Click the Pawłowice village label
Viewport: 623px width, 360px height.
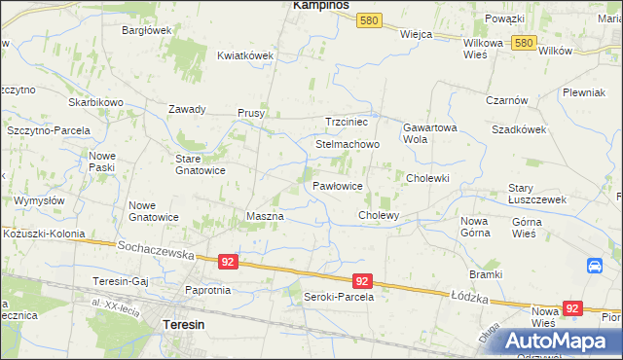(x=338, y=185)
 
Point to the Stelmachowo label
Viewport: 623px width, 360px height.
(x=347, y=144)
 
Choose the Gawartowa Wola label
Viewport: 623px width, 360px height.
(x=429, y=132)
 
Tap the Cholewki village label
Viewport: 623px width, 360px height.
(x=426, y=178)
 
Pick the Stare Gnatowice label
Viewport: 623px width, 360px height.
(x=200, y=163)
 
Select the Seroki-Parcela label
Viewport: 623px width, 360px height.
(x=339, y=297)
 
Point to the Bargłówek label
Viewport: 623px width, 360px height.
(x=146, y=30)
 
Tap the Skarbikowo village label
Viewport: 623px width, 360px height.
(x=95, y=102)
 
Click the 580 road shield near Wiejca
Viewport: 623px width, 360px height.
(x=368, y=19)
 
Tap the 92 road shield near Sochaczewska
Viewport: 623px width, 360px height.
(x=227, y=262)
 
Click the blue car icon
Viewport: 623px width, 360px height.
(x=594, y=266)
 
